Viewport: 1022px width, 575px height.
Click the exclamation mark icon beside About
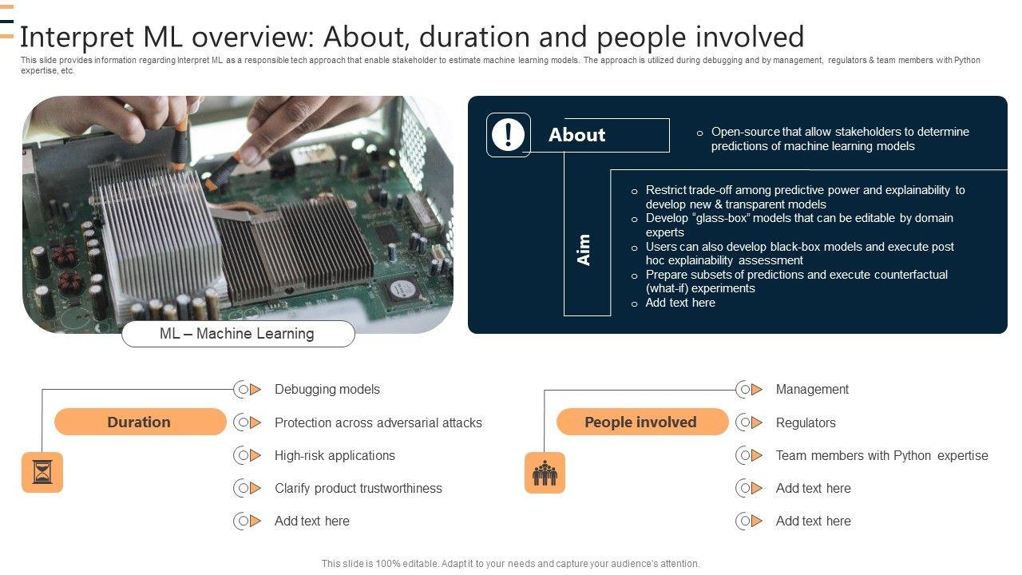(508, 134)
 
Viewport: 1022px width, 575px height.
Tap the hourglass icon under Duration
(42, 473)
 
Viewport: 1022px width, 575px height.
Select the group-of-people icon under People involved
(545, 473)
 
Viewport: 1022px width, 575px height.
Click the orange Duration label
(140, 422)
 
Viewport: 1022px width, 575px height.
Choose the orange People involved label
(641, 422)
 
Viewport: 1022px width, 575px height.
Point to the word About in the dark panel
(576, 135)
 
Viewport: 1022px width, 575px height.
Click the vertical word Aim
(584, 249)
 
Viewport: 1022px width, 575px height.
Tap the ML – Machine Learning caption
(237, 334)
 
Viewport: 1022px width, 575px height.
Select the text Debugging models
(327, 389)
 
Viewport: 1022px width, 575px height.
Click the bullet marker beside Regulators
(748, 422)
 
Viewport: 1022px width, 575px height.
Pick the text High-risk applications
(335, 455)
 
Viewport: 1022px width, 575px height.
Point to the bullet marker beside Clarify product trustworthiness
(247, 488)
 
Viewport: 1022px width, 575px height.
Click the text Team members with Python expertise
(881, 455)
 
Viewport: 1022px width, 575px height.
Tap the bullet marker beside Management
(748, 390)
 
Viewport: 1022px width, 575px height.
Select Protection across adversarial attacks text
(378, 422)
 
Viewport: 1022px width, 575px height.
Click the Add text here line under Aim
(679, 303)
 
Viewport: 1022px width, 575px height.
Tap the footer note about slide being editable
(510, 563)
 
